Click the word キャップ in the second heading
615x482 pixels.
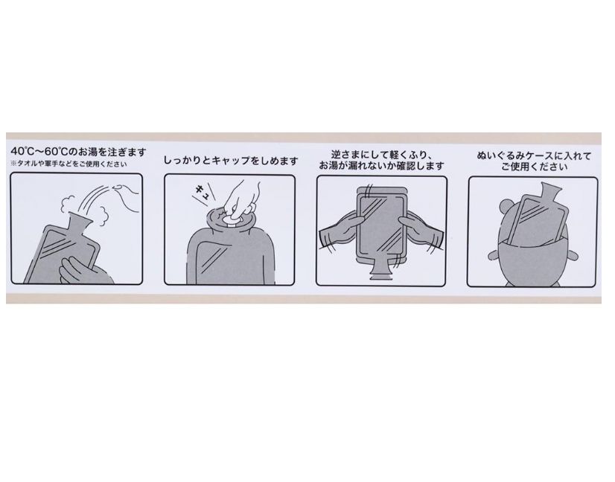click(x=231, y=161)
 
